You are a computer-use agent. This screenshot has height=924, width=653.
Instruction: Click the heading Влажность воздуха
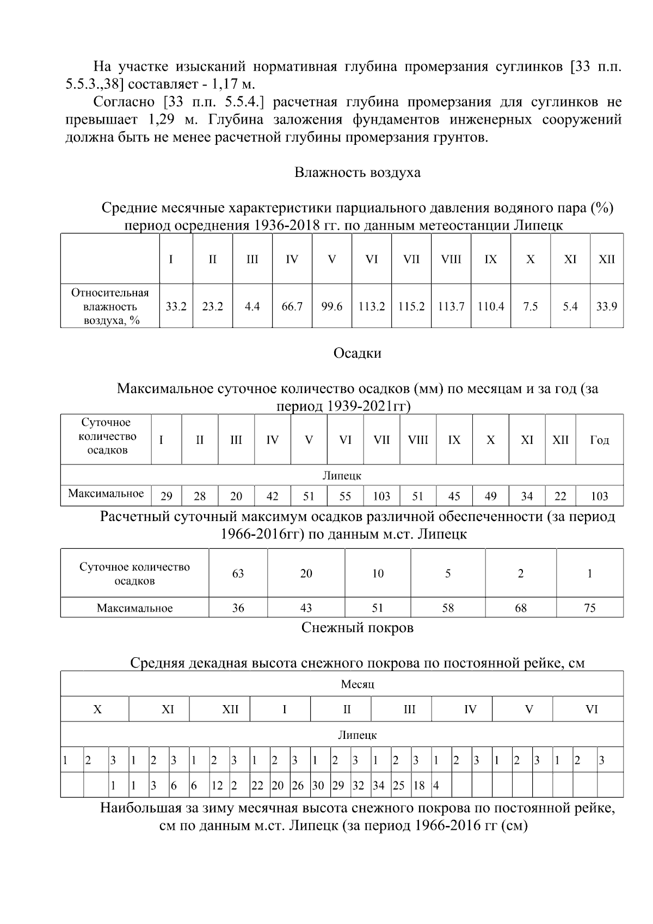point(357,173)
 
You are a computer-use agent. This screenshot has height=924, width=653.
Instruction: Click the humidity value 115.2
point(411,307)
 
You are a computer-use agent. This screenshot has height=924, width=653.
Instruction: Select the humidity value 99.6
point(331,307)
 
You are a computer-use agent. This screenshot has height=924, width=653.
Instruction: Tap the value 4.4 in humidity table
point(252,307)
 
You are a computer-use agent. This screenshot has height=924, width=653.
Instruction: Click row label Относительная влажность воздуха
point(110,307)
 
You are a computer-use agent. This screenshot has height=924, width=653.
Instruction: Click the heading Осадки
point(357,353)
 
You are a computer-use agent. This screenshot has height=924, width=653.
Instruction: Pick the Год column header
point(599,440)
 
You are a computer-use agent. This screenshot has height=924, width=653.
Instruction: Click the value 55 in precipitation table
point(345,496)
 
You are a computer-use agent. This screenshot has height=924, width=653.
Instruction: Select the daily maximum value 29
point(167,496)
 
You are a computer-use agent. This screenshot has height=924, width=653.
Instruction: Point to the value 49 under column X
point(490,496)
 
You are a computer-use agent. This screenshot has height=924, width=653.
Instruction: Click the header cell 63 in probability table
point(238,573)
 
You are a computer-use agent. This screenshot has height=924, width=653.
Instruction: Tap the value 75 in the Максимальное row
point(589,608)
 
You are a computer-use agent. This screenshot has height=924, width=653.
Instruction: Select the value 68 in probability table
point(520,608)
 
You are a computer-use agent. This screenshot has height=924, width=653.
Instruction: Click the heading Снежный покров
point(357,628)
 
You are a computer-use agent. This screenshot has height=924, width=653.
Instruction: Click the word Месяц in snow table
point(357,684)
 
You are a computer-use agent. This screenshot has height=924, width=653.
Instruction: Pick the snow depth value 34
point(378,786)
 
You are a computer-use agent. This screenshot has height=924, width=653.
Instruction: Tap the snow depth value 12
point(217,786)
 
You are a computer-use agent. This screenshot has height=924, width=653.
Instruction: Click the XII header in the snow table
point(230,709)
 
